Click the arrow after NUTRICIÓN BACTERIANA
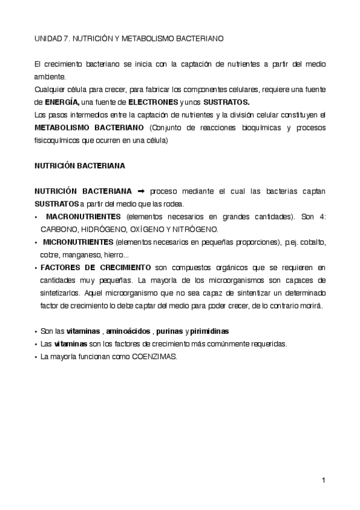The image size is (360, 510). [142, 191]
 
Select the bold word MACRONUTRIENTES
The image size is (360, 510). [83, 216]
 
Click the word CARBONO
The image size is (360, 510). [58, 229]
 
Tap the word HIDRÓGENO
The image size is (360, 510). [103, 229]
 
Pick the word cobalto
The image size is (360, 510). [313, 242]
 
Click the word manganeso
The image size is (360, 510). [78, 254]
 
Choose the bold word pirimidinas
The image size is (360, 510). [209, 331]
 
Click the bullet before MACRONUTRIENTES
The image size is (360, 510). [37, 217]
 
